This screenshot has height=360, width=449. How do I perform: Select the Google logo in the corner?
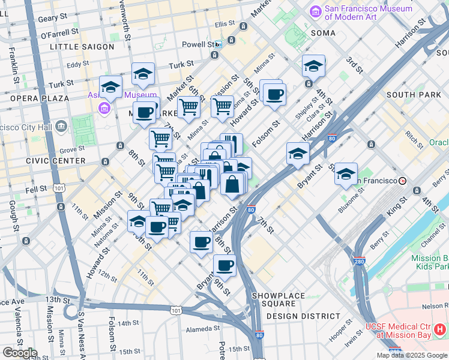coord(20,353)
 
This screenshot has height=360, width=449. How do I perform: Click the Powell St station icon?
coord(218,44)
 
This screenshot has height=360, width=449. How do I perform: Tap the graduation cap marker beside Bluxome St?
coord(346,174)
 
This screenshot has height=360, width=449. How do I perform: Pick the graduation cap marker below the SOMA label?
coord(313,66)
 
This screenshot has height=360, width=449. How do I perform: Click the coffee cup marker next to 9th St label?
coord(224,265)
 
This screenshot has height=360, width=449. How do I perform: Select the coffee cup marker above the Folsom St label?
coord(274,94)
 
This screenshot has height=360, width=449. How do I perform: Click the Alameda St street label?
coord(203,329)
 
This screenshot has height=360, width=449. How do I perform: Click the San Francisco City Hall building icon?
coord(61,127)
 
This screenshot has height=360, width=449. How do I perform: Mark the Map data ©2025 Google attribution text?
coord(412,355)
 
